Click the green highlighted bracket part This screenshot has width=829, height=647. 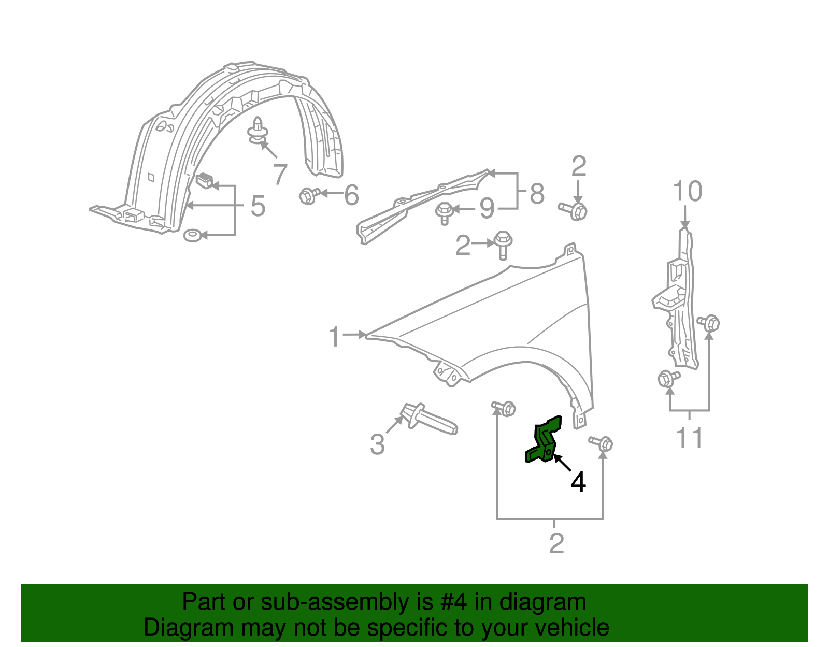click(544, 440)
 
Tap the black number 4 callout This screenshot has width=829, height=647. click(578, 482)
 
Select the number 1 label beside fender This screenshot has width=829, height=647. click(335, 337)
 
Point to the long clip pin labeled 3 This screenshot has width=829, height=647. click(430, 419)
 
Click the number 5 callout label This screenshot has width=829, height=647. click(258, 206)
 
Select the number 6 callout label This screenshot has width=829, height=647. click(351, 195)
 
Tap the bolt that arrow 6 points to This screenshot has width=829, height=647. click(308, 196)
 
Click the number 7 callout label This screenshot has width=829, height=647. click(280, 174)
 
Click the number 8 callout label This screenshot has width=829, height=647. click(537, 194)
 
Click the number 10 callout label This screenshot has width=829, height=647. click(687, 192)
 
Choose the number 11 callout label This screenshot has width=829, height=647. click(690, 438)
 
